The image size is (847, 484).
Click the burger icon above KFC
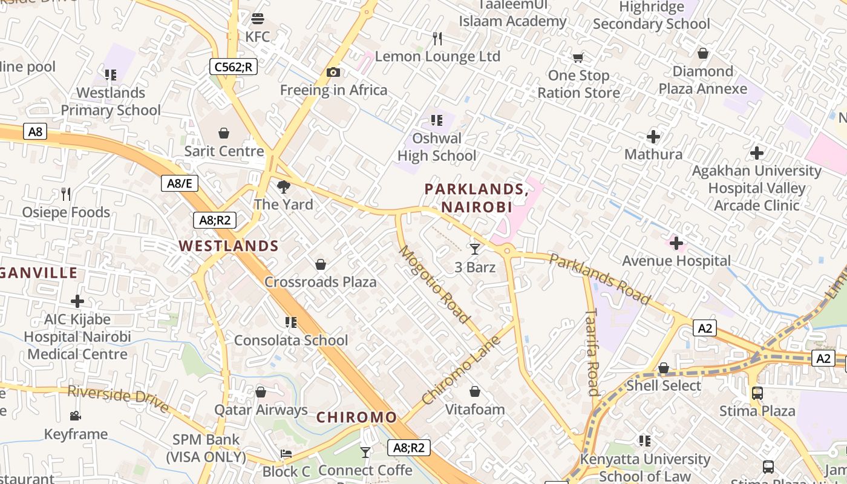coord(258,18)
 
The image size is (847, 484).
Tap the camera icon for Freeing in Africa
coord(333,73)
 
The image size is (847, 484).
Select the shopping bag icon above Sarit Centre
coord(224,132)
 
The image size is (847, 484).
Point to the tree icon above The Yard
coord(283,186)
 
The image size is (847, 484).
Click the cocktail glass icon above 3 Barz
coord(475,249)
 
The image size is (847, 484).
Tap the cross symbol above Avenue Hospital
coord(676,243)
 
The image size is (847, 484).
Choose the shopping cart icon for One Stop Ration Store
coord(578,58)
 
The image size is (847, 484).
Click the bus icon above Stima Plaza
coord(757,393)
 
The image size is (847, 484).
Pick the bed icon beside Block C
coord(286,454)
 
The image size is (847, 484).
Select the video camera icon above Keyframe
coord(76,416)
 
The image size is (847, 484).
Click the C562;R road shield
coord(234,67)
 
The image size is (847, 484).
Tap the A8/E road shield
coord(180,183)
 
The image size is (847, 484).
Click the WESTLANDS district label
coord(229,246)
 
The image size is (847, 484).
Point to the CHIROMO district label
coord(356,417)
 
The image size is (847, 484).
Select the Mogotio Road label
coord(434,284)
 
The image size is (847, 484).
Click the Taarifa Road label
coord(592,352)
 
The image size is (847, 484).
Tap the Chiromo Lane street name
coord(461,370)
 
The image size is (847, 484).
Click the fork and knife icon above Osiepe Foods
coord(66,194)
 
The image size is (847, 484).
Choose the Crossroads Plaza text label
coord(320,282)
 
